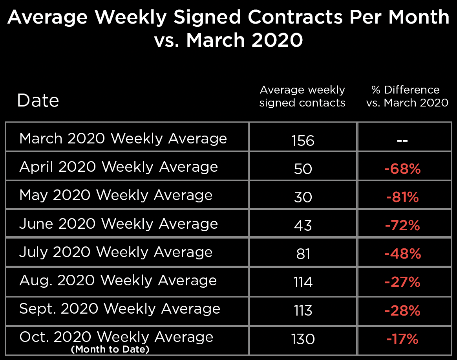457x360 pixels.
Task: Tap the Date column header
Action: (38, 101)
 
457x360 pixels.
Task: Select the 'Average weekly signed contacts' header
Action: (302, 96)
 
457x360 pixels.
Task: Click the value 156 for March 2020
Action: (303, 140)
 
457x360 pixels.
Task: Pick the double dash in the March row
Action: (402, 140)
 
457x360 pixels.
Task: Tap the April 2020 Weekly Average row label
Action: (119, 167)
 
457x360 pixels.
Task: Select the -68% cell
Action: (402, 169)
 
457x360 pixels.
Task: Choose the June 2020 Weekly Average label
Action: (119, 224)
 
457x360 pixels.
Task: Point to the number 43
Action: (303, 225)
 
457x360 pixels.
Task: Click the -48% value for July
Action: (402, 254)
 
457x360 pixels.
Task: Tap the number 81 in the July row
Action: (303, 254)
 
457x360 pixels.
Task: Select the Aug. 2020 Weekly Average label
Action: (118, 281)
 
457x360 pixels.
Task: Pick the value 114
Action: (303, 282)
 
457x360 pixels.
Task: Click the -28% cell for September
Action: (402, 310)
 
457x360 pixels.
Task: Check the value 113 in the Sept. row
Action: (303, 310)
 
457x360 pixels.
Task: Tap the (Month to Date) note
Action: (110, 349)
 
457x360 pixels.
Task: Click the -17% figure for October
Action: (402, 339)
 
